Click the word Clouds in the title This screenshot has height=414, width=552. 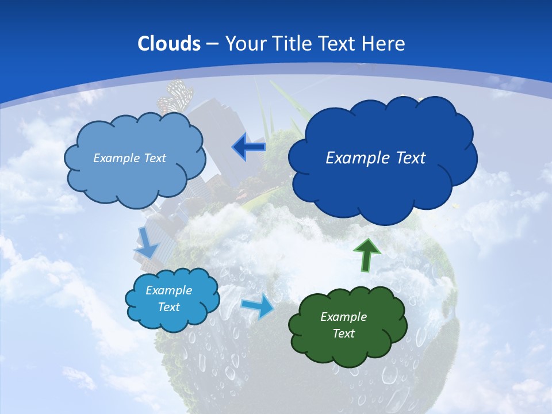[x=169, y=44]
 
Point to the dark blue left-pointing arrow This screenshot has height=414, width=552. [x=248, y=147]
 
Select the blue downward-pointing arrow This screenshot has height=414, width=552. [x=147, y=242]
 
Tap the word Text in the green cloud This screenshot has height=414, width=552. [x=343, y=334]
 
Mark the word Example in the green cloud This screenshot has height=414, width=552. [x=343, y=317]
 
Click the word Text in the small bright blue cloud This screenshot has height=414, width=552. [x=169, y=307]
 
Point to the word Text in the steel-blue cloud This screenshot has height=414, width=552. [x=154, y=158]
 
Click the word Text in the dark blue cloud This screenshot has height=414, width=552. [x=411, y=158]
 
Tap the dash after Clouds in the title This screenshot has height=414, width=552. [x=212, y=44]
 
